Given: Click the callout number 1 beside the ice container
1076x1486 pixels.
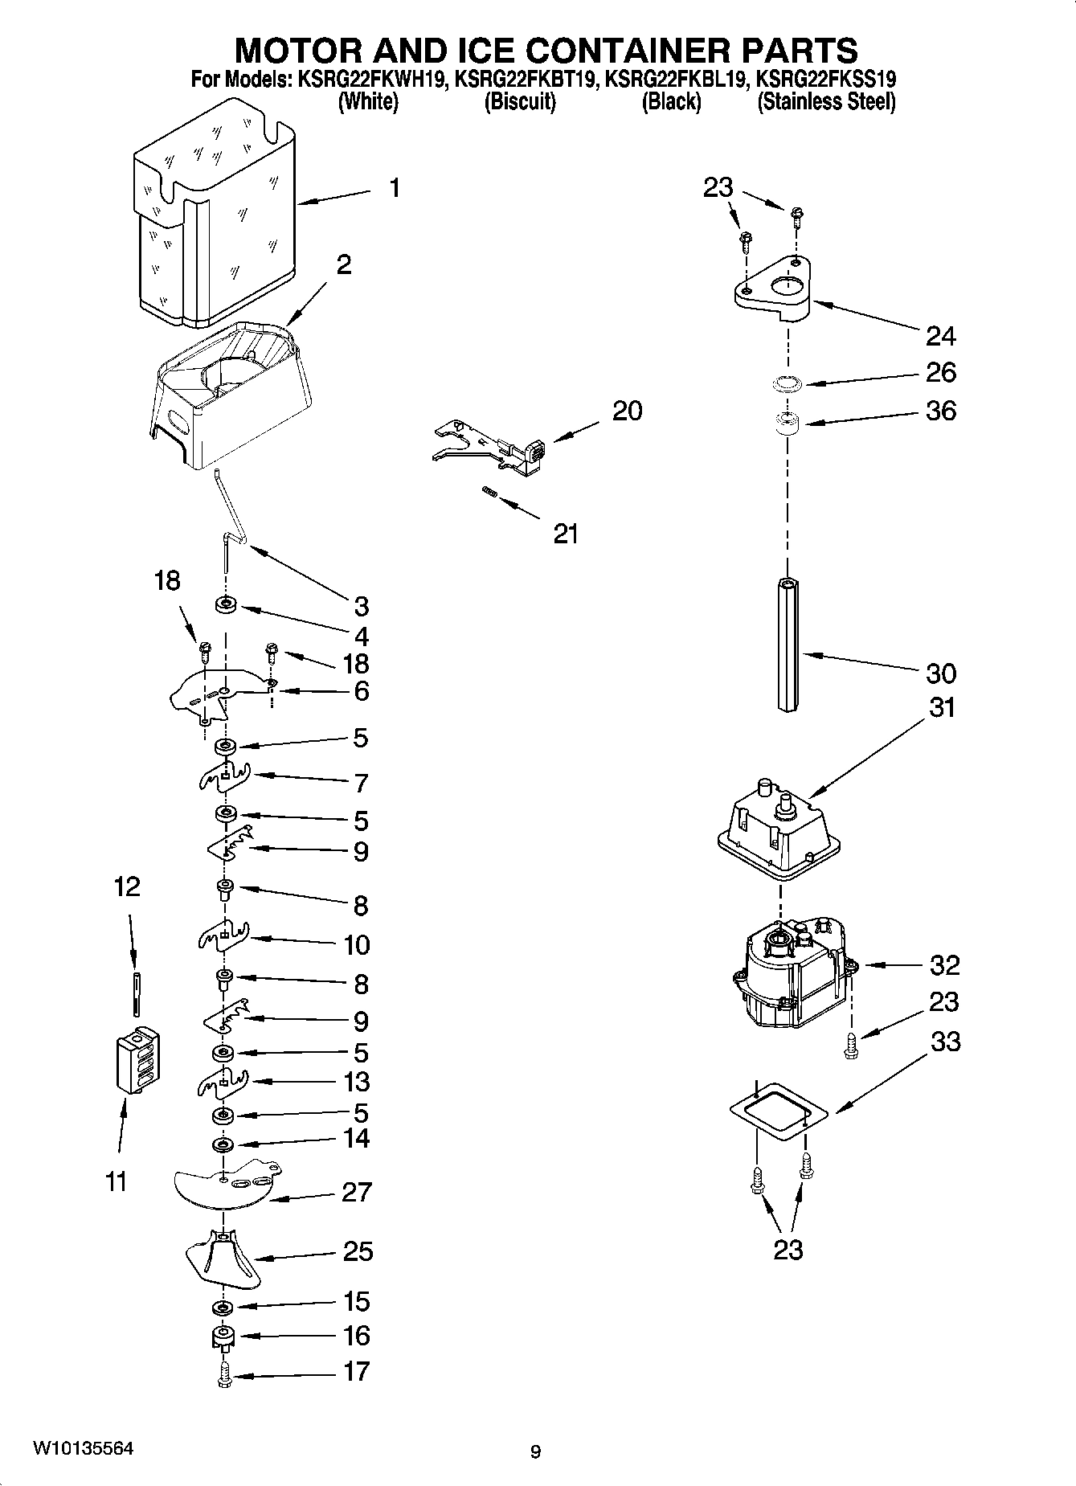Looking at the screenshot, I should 394,188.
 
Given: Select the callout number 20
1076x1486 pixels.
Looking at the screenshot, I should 627,411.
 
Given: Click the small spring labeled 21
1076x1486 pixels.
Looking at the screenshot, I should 487,493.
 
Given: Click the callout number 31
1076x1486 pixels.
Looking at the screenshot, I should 943,708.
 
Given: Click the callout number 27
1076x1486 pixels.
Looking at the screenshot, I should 356,1192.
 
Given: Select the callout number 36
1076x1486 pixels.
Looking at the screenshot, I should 941,411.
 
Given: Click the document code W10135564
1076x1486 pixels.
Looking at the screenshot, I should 83,1449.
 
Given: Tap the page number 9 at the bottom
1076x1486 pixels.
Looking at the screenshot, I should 535,1451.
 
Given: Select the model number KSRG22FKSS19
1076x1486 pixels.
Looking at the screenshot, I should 826,80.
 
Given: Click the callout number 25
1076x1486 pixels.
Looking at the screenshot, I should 358,1251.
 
